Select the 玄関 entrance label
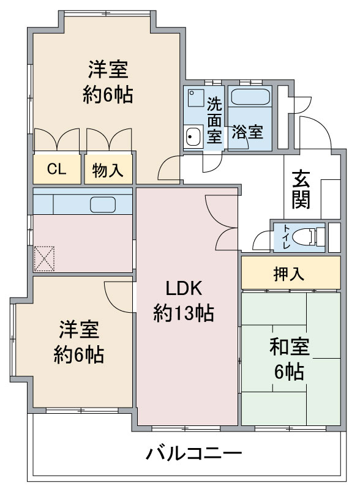coord(301,189)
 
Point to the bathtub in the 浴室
coord(250,96)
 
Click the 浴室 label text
coord(247,132)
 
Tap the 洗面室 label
coord(214,120)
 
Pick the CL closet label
coord(56,169)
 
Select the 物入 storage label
coord(108,170)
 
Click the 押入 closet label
coord(289,274)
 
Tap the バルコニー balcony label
coord(193,454)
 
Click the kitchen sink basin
coord(102,204)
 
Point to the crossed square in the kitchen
coord(44,259)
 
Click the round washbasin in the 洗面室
coord(193,136)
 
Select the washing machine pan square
coord(195,98)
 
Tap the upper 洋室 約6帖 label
coord(108,82)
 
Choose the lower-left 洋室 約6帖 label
coord(78,342)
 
